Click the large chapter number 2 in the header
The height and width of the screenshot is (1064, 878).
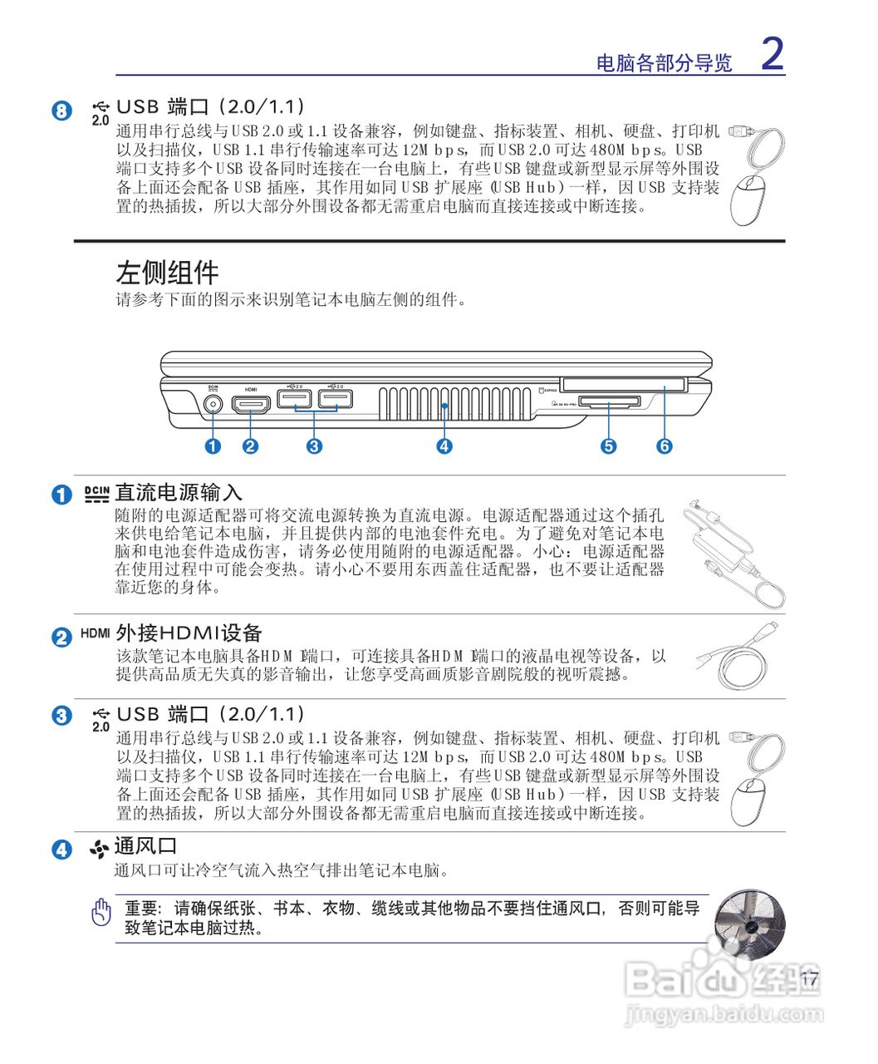coord(772,55)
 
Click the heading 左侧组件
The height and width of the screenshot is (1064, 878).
coord(167,273)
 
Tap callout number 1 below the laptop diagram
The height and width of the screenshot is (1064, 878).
coord(213,446)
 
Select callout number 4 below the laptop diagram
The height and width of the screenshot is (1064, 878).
coord(444,446)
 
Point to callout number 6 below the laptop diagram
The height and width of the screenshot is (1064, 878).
coord(665,446)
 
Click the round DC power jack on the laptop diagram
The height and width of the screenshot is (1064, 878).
coord(213,405)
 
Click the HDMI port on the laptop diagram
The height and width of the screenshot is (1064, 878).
coord(251,406)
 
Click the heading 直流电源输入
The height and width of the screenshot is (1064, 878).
coord(179,493)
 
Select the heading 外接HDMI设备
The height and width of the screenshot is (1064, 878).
coord(189,633)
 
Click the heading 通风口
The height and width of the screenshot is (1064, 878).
coord(146,846)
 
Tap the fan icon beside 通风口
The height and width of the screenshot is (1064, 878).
coord(100,849)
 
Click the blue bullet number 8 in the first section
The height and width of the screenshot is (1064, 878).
coord(62,110)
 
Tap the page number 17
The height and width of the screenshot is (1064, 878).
coord(810,979)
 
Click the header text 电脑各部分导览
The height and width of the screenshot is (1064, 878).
coord(665,63)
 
